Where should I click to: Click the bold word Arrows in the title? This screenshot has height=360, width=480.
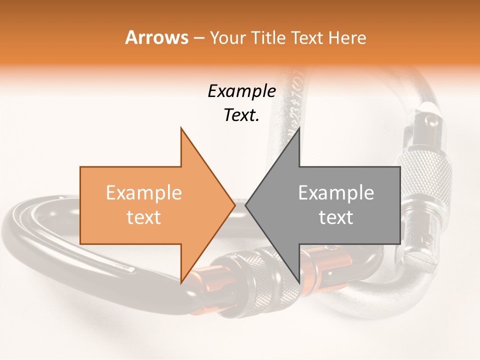156,38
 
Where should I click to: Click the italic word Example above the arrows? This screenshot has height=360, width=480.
241,91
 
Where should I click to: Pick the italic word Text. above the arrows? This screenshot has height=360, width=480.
241,115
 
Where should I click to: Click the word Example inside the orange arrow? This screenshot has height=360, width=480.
143,193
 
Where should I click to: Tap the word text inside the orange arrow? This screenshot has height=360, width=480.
143,217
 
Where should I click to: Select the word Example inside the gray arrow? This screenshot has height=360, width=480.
336,193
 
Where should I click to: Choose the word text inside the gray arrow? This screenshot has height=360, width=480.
336,217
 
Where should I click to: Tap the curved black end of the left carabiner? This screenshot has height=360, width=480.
30,225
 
